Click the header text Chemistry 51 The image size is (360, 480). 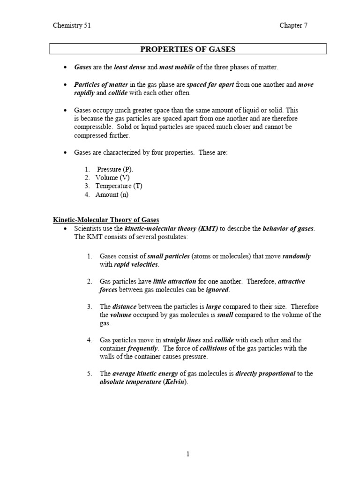pos(72,26)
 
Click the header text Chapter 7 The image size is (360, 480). pos(293,26)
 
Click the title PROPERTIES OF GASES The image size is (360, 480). pos(188,49)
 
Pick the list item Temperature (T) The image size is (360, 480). pos(119,186)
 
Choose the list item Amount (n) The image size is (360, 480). pos(112,195)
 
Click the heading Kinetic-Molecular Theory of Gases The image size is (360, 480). pos(106,220)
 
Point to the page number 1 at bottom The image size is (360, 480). pos(188,454)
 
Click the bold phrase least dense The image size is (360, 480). pos(129,67)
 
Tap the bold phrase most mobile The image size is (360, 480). pos(177,67)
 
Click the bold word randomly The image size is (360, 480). pos(296,256)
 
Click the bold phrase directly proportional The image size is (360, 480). pos(265,374)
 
